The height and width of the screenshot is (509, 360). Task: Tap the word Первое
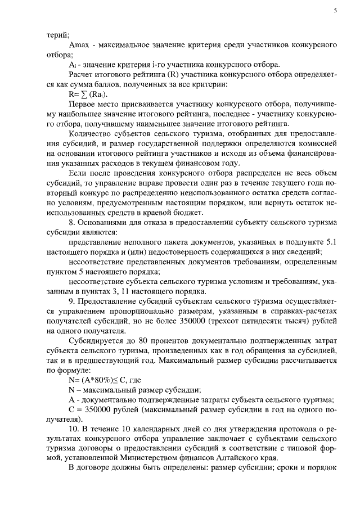tap(82, 105)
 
